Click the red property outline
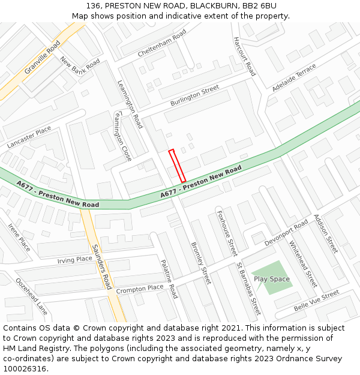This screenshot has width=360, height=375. pyautogui.click(x=177, y=166)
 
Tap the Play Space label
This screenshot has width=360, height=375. pyautogui.click(x=271, y=279)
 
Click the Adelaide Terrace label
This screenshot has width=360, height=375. pyautogui.click(x=293, y=77)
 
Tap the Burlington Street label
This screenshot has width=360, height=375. pyautogui.click(x=194, y=96)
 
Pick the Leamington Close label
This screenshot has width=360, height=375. pyautogui.click(x=122, y=136)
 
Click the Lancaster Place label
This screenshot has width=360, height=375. pyautogui.click(x=29, y=138)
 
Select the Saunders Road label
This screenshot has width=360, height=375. pyautogui.click(x=101, y=266)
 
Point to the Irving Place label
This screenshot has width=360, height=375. pyautogui.click(x=75, y=260)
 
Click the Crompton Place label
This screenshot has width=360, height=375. pyautogui.click(x=140, y=289)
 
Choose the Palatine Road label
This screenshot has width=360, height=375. pyautogui.click(x=169, y=279)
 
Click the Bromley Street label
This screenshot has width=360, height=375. pyautogui.click(x=201, y=263)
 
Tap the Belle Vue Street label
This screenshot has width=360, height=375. pyautogui.click(x=316, y=300)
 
